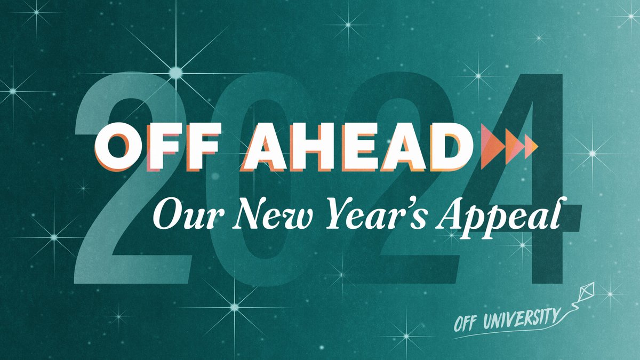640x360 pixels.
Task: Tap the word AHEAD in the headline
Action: (352, 147)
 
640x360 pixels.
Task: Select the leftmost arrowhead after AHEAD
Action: (491, 147)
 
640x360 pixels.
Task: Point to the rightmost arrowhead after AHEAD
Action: (530, 147)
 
